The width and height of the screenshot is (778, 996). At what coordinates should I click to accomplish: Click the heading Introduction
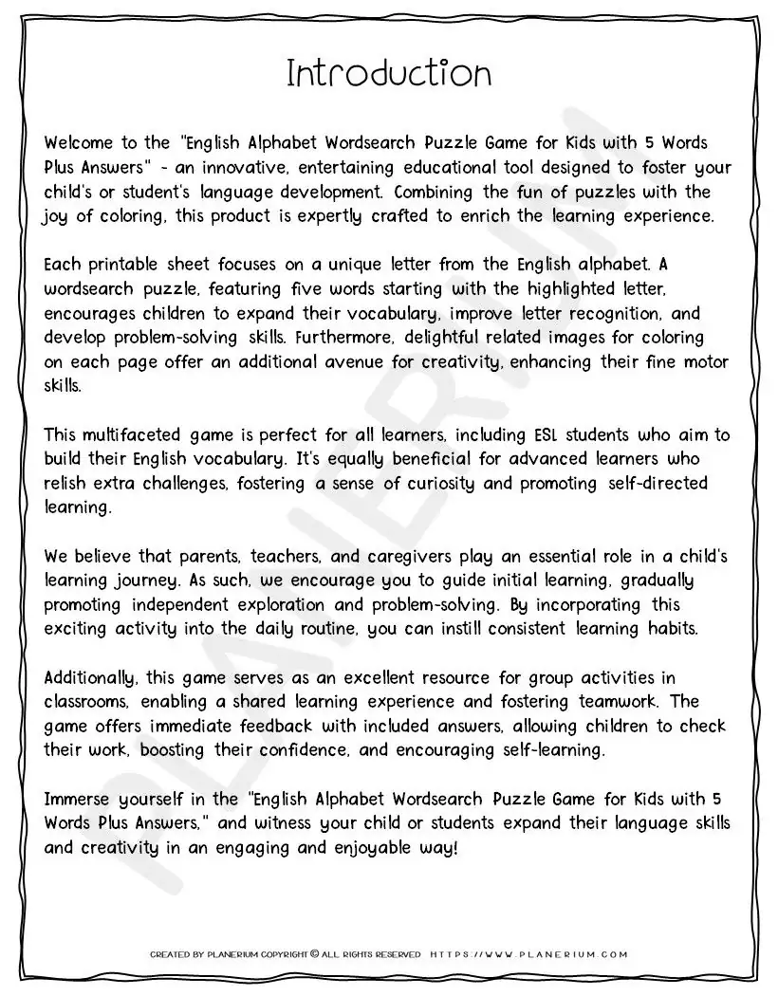389,74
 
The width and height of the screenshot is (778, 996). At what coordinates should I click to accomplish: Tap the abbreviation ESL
523,435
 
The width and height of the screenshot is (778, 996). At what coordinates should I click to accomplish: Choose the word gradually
650,581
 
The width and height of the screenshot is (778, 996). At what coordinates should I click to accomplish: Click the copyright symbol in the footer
315,955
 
